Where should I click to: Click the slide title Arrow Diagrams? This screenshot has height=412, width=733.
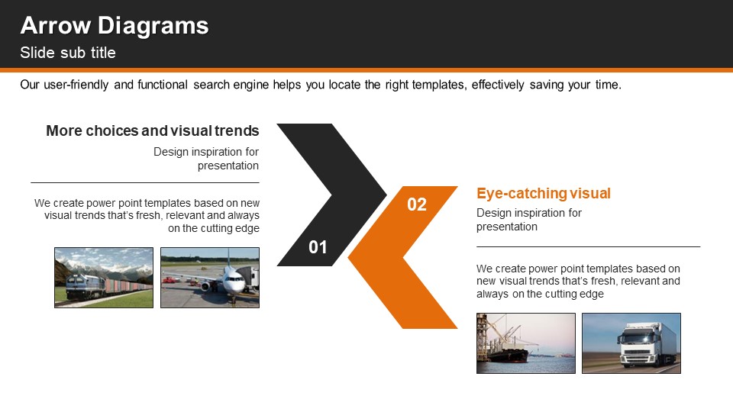(115, 26)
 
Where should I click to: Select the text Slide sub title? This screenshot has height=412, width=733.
(68, 53)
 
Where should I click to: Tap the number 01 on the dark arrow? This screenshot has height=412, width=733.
(318, 247)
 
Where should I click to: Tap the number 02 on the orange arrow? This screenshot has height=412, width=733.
(417, 204)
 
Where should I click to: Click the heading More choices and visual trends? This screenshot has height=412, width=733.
(153, 130)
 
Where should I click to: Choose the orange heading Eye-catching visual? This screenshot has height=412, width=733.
(544, 193)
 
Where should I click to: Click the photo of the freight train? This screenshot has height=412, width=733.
(104, 278)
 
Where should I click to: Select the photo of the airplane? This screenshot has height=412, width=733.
(210, 278)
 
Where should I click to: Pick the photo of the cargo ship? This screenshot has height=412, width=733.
(526, 343)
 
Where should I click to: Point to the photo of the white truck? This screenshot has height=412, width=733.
(631, 343)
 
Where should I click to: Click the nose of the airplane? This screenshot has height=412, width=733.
(233, 285)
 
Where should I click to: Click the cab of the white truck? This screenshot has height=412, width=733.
(638, 345)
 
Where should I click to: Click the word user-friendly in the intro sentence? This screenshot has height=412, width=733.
(76, 85)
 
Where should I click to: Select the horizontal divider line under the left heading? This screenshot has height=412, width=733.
(145, 182)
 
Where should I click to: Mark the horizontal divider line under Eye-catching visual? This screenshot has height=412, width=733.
(588, 246)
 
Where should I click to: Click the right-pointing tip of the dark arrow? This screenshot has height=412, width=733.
(386, 195)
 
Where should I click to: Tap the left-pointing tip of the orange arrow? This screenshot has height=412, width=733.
(349, 257)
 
